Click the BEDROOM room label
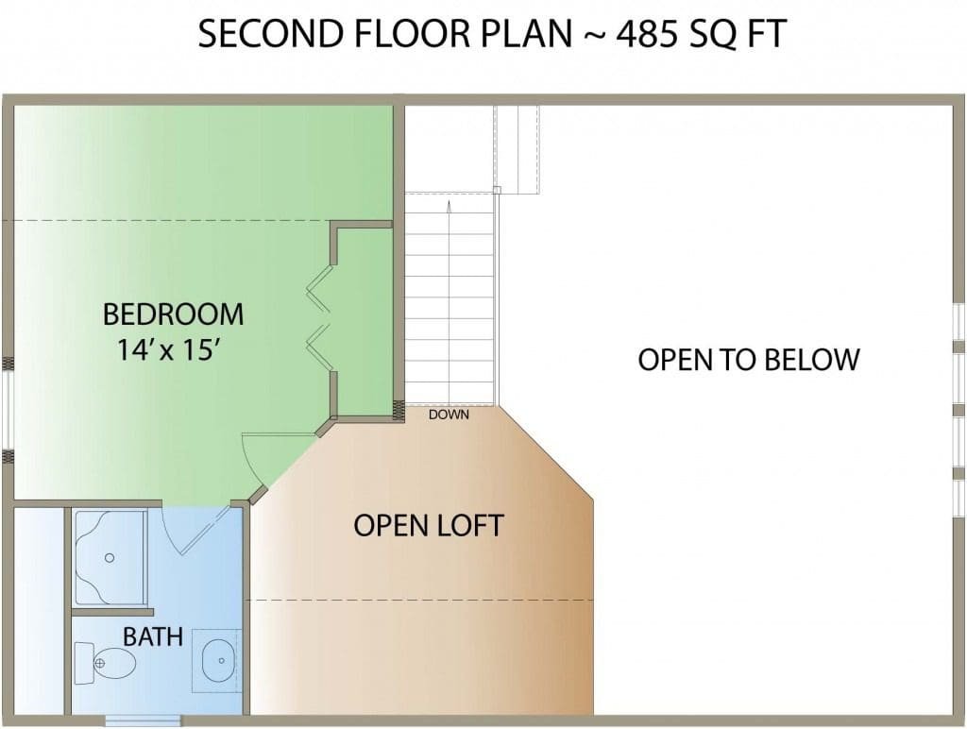click(x=174, y=314)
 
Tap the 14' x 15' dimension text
click(x=169, y=350)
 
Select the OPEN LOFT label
click(x=429, y=525)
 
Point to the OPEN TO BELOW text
click(x=749, y=360)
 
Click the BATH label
click(x=153, y=636)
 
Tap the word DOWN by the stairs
click(x=449, y=415)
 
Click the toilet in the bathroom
click(x=106, y=663)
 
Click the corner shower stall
click(x=110, y=558)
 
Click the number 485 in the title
click(x=648, y=33)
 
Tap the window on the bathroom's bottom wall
click(x=144, y=721)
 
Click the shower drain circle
click(x=110, y=557)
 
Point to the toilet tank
click(x=84, y=663)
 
